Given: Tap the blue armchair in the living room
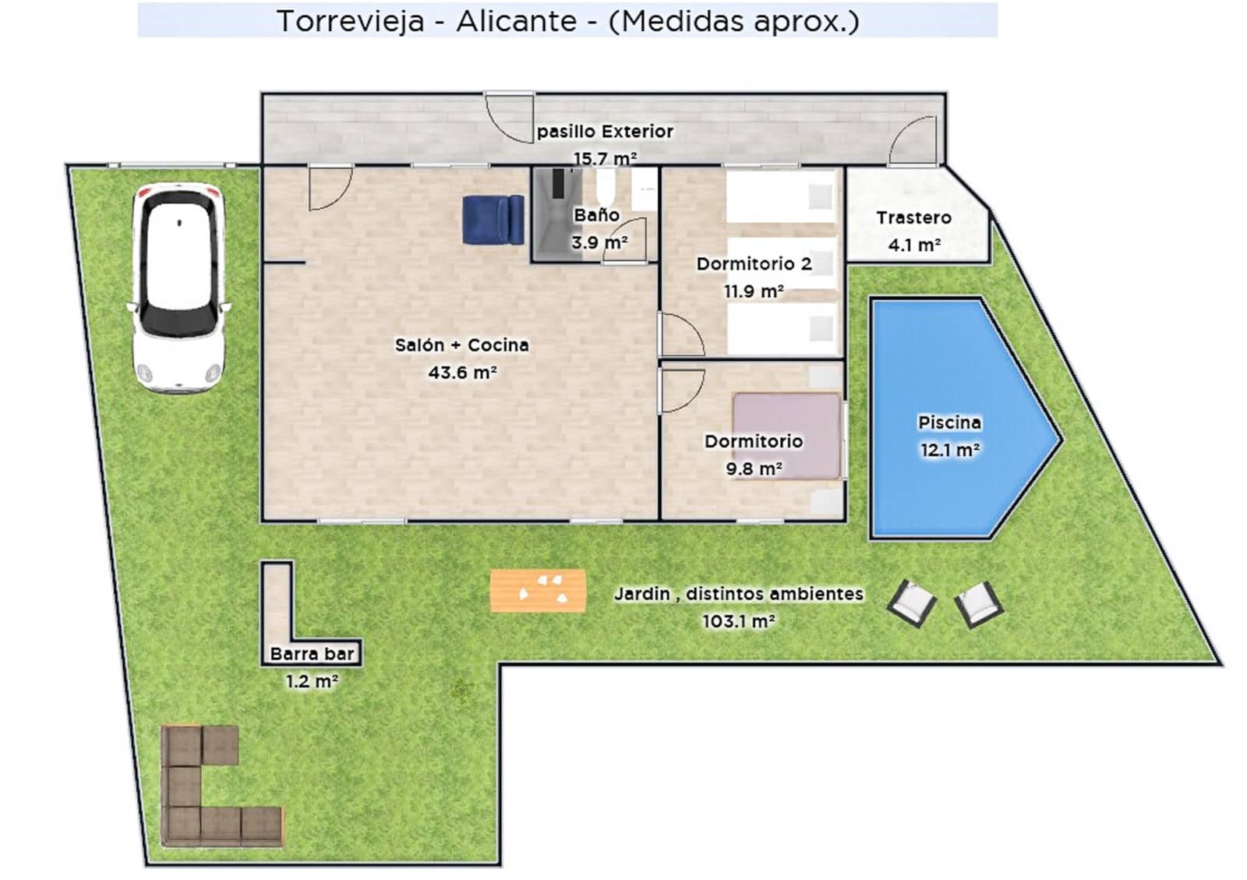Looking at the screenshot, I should [493, 220].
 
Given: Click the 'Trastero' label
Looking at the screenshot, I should [913, 217].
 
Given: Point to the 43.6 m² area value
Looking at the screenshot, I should [462, 373].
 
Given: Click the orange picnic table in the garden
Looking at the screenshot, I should [538, 591].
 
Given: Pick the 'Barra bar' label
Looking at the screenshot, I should [312, 654].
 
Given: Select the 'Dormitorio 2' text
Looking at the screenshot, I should [754, 263].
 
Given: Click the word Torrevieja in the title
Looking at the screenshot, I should [350, 21].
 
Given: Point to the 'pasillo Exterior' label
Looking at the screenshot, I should [605, 131].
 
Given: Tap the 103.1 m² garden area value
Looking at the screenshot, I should [738, 621].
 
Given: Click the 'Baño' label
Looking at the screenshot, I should [596, 214].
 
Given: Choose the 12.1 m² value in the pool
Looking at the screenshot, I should [949, 450].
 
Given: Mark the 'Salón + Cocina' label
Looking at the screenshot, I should [461, 345].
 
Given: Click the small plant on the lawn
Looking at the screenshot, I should [461, 690].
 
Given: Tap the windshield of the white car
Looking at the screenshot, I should [179, 316].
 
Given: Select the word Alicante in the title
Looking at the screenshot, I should [516, 21].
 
